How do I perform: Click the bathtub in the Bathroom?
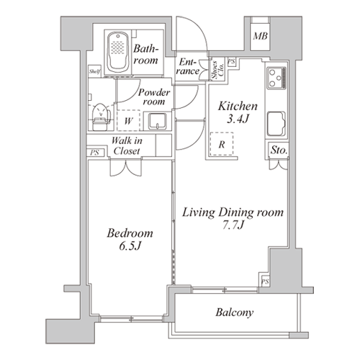tap(117, 53)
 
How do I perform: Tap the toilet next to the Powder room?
tap(100, 117)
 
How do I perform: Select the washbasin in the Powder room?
tap(158, 122)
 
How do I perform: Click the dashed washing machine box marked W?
tap(129, 120)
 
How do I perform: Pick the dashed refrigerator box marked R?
tap(222, 144)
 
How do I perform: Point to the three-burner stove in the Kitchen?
tap(277, 78)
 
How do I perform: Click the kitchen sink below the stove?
tap(276, 124)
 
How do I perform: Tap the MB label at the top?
tap(260, 36)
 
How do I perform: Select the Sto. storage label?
tap(279, 150)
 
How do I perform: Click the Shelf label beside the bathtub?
tap(94, 71)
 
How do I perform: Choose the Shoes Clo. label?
tap(217, 69)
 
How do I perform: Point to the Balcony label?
tap(234, 312)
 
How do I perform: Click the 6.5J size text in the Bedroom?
tap(130, 246)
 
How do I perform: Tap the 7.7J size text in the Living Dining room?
tap(233, 225)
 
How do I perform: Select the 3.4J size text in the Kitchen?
tap(238, 119)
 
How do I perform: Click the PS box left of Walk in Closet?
tap(95, 153)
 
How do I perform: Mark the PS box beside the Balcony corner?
tap(265, 282)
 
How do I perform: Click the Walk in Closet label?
tap(127, 145)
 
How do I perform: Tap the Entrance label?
tap(187, 66)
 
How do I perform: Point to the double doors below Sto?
tap(279, 164)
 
